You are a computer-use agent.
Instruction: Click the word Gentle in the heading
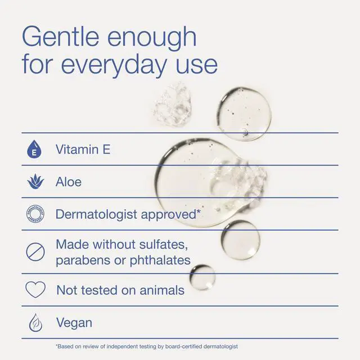[61, 37]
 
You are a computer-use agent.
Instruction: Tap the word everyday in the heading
[114, 65]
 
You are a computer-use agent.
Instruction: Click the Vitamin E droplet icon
[34, 149]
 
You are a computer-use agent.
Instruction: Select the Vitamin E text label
[83, 149]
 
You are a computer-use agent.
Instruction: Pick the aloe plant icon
[35, 181]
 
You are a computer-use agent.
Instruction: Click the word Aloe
[69, 182]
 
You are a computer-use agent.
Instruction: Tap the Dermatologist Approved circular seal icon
[35, 214]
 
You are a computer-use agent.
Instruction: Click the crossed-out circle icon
[35, 252]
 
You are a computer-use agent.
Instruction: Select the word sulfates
[164, 244]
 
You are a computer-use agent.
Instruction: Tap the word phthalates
[160, 260]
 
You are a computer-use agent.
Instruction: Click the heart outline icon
[35, 289]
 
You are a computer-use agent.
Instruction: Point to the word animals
[162, 290]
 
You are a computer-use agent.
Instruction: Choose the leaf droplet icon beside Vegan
[35, 322]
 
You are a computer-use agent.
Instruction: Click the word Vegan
[74, 323]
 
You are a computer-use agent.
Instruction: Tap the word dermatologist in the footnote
[221, 346]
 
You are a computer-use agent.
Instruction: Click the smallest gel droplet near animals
[202, 277]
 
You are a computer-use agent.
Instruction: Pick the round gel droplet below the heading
[244, 114]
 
